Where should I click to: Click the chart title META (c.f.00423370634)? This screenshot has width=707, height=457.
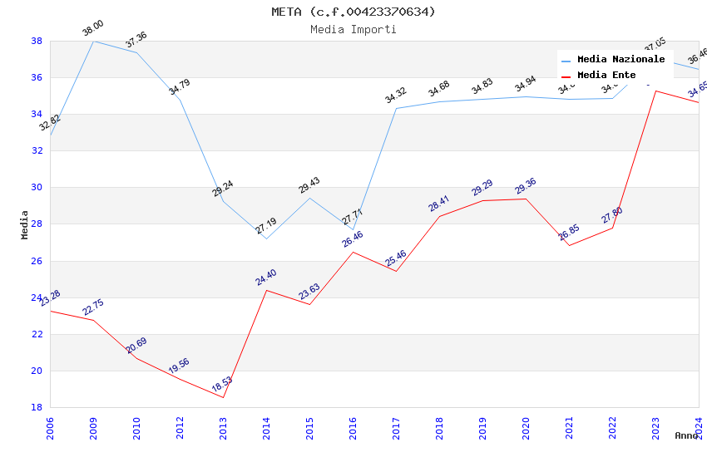point(353,12)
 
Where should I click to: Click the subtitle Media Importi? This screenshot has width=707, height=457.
point(353,29)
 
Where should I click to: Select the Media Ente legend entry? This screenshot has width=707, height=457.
point(606,75)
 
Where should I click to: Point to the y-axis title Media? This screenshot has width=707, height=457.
point(25,224)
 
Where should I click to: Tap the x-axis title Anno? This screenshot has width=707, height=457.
point(686,435)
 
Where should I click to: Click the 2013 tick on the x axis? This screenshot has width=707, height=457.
point(223,429)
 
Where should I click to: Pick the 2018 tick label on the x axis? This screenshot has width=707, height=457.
point(439,429)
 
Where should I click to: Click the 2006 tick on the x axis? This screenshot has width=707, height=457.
point(50,429)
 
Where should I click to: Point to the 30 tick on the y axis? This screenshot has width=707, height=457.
point(37,188)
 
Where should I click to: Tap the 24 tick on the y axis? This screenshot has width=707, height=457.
point(37,297)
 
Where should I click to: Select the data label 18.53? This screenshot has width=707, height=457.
point(222,385)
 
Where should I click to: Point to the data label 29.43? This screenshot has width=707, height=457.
point(309,185)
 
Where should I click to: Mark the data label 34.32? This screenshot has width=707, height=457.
point(396,96)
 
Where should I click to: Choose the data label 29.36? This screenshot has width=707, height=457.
point(526,186)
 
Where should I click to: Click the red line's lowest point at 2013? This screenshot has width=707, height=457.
point(223,397)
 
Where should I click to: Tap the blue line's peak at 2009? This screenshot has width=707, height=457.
point(93,41)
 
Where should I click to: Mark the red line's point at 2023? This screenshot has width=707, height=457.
point(655,91)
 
